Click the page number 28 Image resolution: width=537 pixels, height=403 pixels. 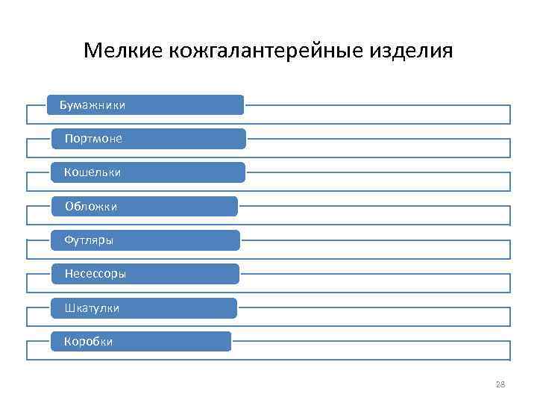tap(500, 384)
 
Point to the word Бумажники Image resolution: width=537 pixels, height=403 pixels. tap(92, 105)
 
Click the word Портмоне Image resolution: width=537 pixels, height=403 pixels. tap(93, 139)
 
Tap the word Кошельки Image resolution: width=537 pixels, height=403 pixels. tap(92, 172)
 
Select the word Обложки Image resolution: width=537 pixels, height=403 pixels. tap(91, 206)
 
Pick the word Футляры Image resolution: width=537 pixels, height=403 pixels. tap(89, 240)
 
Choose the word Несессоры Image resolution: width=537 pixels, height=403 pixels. tap(95, 274)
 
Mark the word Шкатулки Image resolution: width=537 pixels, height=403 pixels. tap(92, 307)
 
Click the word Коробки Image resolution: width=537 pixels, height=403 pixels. tap(88, 342)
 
